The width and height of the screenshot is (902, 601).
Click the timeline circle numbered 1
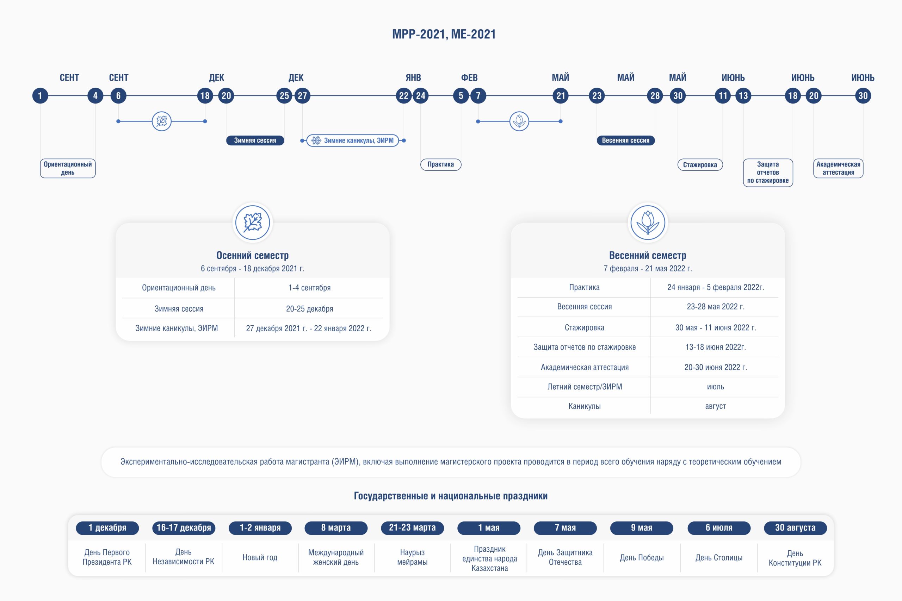[x=40, y=95]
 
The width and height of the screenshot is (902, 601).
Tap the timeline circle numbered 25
[x=284, y=95]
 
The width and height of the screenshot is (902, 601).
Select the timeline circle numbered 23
[x=597, y=95]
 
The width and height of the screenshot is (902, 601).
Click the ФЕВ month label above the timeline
[x=469, y=78]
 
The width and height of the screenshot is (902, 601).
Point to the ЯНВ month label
[x=413, y=78]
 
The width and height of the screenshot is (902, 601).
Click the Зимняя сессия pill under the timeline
[x=255, y=140]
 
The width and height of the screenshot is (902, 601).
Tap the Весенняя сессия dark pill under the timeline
[x=625, y=140]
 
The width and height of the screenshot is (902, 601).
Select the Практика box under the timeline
[x=441, y=164]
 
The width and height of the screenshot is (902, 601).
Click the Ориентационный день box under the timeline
[x=68, y=168]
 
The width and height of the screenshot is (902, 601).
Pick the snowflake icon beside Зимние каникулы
[x=316, y=141]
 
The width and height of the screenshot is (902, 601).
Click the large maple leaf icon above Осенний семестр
[x=253, y=222]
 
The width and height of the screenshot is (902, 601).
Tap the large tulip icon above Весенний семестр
[x=648, y=222]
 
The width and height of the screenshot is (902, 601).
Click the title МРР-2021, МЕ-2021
[x=444, y=34]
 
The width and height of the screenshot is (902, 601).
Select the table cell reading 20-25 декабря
[x=309, y=308]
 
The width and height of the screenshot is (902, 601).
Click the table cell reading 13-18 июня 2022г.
[x=716, y=347]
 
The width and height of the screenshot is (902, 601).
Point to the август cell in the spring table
[x=716, y=406]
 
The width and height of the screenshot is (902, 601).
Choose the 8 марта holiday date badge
[x=336, y=528]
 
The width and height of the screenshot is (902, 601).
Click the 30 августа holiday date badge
[x=795, y=528]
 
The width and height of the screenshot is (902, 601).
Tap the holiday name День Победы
[x=642, y=558]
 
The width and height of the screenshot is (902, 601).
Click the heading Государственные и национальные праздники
[x=451, y=496]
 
